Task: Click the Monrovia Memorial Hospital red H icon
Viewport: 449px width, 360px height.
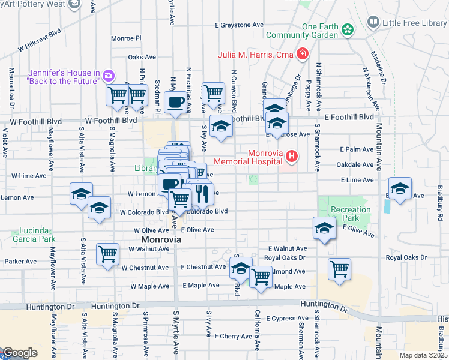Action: point(292,157)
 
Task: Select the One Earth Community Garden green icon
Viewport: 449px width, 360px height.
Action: point(346,29)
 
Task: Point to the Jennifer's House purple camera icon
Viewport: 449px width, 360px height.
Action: point(109,75)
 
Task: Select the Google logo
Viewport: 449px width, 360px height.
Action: point(19,353)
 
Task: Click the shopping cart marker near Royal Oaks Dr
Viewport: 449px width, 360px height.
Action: point(339,268)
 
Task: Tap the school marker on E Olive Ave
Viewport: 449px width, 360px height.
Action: point(324,228)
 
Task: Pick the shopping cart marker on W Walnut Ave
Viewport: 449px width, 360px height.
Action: point(108,254)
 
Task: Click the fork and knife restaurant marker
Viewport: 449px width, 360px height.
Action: point(202,193)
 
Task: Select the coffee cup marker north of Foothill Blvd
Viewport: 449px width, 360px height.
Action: point(175,102)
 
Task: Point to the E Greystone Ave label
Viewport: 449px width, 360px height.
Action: point(240,25)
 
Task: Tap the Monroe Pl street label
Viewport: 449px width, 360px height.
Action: point(126,38)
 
